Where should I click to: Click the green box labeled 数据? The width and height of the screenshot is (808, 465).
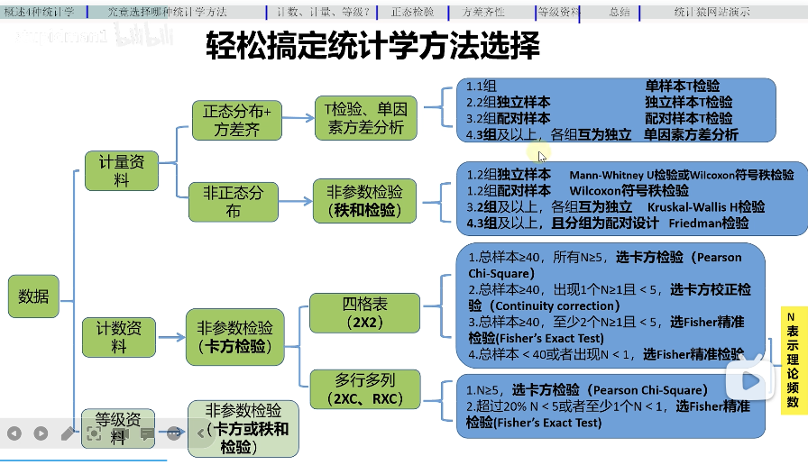click(33, 296)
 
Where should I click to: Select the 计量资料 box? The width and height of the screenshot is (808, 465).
click(121, 170)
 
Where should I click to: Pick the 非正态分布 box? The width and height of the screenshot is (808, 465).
click(234, 202)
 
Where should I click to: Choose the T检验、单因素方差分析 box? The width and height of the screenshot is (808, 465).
click(365, 118)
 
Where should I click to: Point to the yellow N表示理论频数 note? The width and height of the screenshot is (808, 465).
click(792, 360)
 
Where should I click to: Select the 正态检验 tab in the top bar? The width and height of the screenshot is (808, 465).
click(412, 12)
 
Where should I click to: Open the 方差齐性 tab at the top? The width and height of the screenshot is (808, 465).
click(482, 12)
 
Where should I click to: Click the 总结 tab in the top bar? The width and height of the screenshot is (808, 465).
click(620, 12)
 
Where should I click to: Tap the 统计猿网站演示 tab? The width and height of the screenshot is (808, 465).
click(712, 12)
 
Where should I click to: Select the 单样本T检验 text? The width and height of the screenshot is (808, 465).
click(683, 87)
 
